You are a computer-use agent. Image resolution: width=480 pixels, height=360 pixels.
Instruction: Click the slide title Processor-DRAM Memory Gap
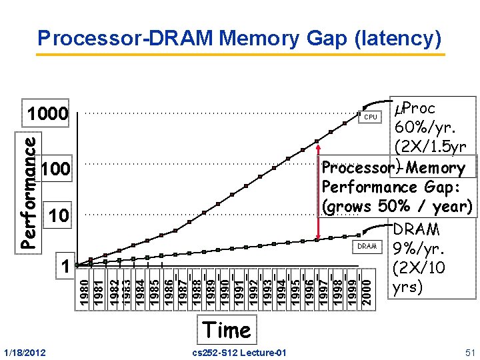click(x=239, y=38)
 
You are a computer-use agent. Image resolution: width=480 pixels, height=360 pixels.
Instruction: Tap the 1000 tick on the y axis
click(x=49, y=115)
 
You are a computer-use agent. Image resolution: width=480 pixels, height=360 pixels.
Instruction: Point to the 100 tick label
click(x=55, y=169)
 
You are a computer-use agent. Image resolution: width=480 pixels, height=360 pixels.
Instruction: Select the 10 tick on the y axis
click(x=59, y=215)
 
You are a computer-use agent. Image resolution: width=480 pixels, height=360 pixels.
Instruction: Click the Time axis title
click(x=227, y=329)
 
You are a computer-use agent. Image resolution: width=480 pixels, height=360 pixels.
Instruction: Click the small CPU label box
click(x=370, y=117)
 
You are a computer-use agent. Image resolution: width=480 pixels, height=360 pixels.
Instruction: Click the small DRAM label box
click(x=367, y=246)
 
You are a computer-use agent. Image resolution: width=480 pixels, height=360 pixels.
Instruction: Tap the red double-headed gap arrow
click(x=319, y=193)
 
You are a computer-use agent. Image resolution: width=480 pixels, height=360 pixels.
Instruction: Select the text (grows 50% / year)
click(x=397, y=207)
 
